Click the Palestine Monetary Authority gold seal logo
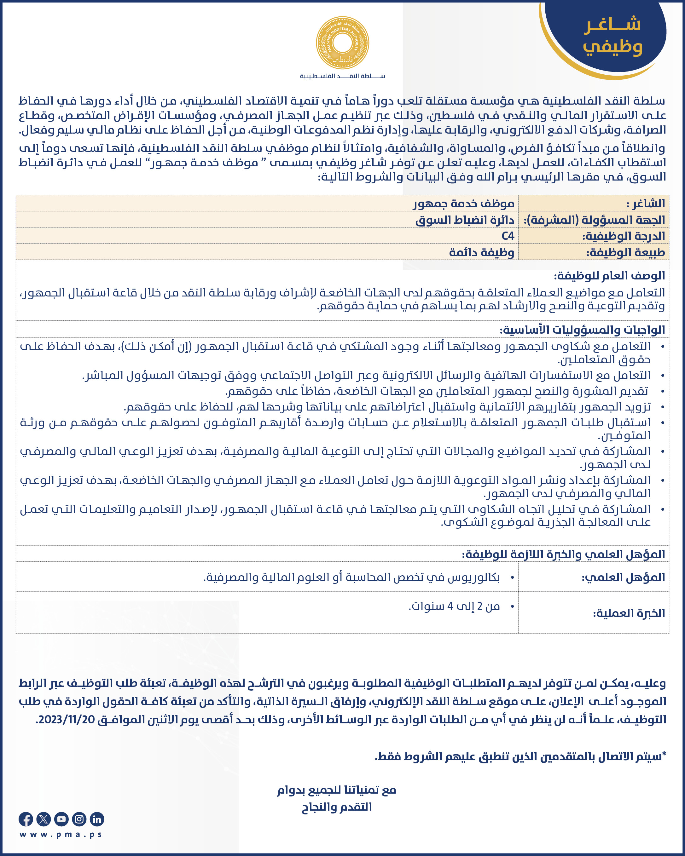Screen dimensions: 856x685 pyautogui.click(x=342, y=43)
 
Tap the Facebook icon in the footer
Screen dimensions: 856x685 pyautogui.click(x=26, y=819)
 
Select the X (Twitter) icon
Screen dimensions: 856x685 pyautogui.click(x=43, y=819)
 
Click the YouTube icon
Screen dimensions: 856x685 pyautogui.click(x=61, y=819)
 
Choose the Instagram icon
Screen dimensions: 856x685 pyautogui.click(x=79, y=819)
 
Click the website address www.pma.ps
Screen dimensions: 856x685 pyautogui.click(x=61, y=835)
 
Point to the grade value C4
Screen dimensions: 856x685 pyautogui.click(x=508, y=236)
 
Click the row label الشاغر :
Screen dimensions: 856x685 pyautogui.click(x=645, y=204)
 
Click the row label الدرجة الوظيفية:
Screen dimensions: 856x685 pyautogui.click(x=624, y=236)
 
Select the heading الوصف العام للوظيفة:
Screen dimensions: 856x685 pyautogui.click(x=609, y=276)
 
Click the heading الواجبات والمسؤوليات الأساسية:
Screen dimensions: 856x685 pyautogui.click(x=582, y=330)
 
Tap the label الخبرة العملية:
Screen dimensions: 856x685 pyautogui.click(x=629, y=613)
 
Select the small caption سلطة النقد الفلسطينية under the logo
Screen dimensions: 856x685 pyautogui.click(x=342, y=76)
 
